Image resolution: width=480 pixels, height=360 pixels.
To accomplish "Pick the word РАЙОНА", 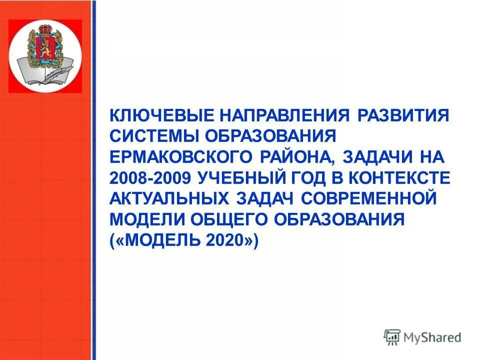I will coord(297,157).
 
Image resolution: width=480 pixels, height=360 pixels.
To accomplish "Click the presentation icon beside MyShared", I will coord(392,337).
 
